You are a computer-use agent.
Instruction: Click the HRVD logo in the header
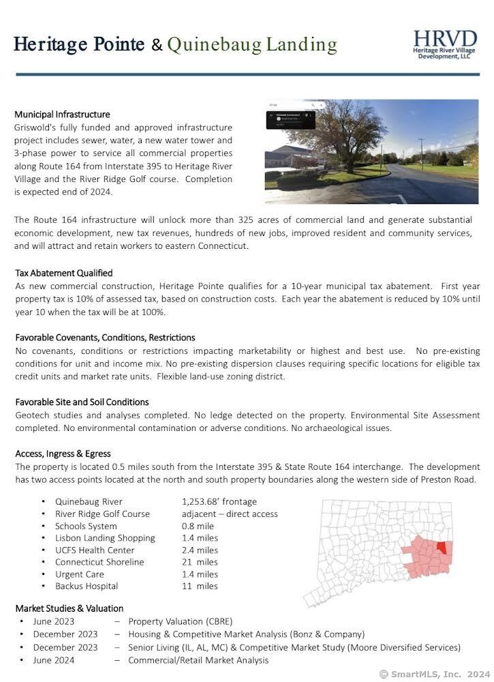point(446,44)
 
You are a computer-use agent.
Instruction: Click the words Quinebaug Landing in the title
point(252,45)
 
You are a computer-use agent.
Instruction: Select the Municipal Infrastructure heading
point(62,115)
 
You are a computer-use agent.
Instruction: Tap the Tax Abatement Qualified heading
point(63,273)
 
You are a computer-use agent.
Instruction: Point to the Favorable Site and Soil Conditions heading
point(82,402)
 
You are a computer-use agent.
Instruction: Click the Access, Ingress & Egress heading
point(63,454)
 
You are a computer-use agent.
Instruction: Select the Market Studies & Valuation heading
point(69,608)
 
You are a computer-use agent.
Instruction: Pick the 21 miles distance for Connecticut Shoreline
point(200,562)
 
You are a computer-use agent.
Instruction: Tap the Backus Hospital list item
point(87,586)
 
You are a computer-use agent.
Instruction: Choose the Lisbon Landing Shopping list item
point(105,538)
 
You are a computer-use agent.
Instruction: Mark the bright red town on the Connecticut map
point(444,548)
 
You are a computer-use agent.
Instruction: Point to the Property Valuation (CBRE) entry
point(180,621)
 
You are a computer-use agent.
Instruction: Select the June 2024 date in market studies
point(54,660)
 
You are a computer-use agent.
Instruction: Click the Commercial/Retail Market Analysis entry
point(198,660)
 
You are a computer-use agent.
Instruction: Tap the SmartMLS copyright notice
point(434,674)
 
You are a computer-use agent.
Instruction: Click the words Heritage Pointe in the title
point(79,45)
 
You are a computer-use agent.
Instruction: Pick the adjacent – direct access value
point(230,514)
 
